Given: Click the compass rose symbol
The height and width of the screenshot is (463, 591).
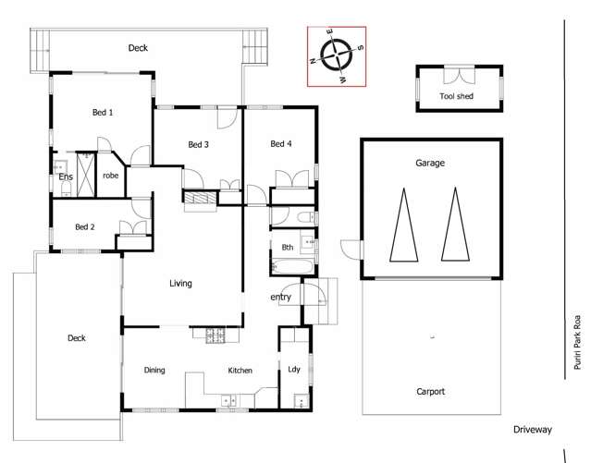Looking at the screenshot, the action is [337, 55].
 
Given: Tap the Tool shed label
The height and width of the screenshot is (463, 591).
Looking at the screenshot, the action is [456, 96].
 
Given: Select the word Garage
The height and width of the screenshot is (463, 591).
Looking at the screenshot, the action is [430, 164].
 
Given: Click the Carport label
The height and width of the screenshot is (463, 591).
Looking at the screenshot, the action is [430, 392].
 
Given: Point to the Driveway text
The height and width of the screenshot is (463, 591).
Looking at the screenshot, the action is [533, 430].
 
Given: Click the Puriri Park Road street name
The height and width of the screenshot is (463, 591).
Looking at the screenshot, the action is [577, 343].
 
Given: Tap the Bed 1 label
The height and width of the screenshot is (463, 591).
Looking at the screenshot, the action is [103, 112].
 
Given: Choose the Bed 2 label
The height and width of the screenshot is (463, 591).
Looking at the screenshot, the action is [85, 226].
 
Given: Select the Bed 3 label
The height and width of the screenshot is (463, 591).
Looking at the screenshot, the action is [198, 144].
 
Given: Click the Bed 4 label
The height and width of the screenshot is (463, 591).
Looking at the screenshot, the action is [281, 143].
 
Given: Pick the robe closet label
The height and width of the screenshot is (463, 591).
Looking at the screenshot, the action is [110, 176].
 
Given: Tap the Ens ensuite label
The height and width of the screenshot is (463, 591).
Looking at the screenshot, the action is [66, 177].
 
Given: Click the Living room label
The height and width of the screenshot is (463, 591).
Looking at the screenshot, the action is [180, 284].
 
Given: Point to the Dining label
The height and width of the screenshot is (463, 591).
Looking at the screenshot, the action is [154, 370].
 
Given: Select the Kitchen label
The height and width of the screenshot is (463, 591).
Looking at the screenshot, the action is [240, 371].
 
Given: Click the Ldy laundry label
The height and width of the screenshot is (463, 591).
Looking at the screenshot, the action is [294, 369].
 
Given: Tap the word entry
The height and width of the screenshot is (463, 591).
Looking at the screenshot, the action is [281, 298].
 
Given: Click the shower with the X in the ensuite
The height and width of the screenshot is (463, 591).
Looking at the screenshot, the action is [86, 174].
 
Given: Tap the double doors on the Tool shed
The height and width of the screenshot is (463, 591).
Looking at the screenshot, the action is [459, 76].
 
